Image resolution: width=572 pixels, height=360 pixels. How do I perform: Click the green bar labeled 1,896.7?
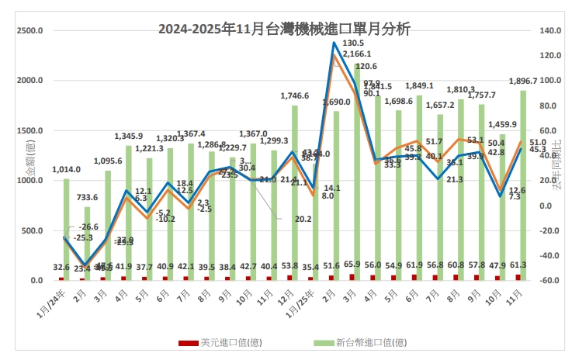pos(523,186)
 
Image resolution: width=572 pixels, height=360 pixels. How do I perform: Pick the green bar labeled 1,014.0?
pos(66,229)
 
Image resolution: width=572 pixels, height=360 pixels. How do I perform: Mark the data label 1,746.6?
pos(295,96)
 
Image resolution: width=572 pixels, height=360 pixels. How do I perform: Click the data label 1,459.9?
pos(501,124)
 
